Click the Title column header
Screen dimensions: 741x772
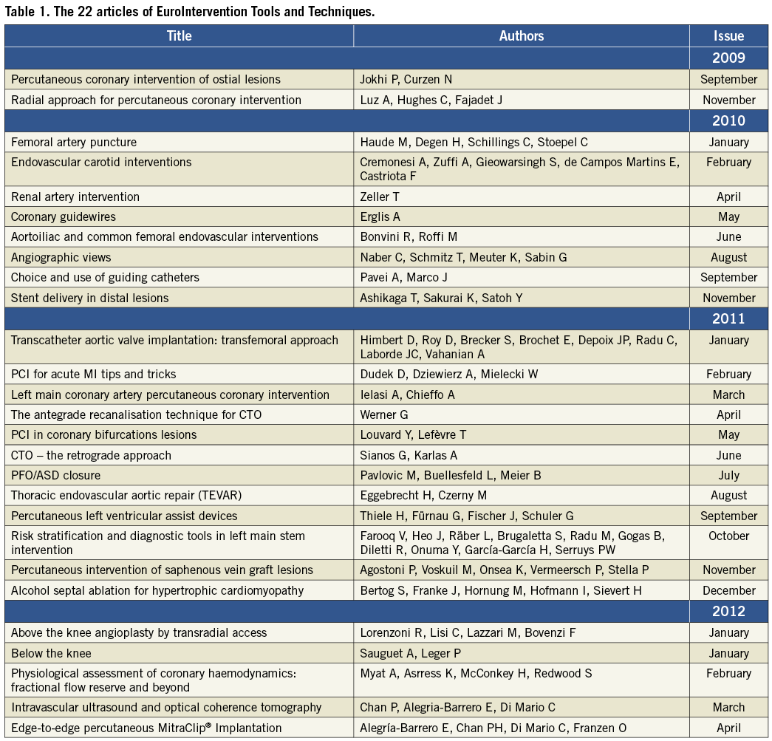(x=179, y=35)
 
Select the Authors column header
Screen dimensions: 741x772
(x=521, y=35)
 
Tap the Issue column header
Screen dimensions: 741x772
(x=728, y=35)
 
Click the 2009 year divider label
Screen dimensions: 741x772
(x=728, y=58)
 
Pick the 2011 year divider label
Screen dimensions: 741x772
(x=728, y=318)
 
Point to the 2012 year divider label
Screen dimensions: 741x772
(x=728, y=611)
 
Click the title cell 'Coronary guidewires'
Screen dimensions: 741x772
(x=64, y=216)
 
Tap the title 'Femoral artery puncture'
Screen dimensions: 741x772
(x=74, y=142)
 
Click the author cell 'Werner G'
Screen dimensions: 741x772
(x=384, y=414)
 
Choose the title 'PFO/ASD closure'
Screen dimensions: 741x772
(x=55, y=475)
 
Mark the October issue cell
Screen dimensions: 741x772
(x=728, y=536)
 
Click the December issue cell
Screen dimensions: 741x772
(x=728, y=590)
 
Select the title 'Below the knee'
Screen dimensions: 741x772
(x=50, y=653)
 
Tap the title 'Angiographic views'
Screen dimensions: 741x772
(x=61, y=257)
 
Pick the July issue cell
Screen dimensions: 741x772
(x=728, y=475)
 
